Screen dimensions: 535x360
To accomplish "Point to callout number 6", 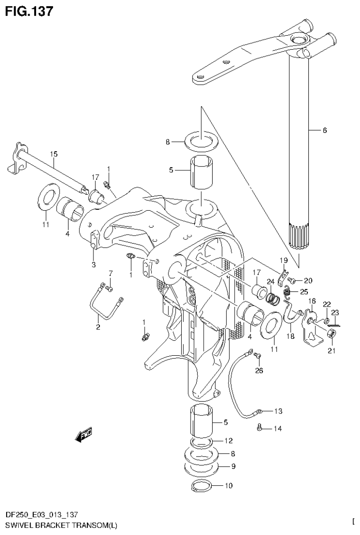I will point(325,131).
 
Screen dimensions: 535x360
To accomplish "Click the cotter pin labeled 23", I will point(335,324).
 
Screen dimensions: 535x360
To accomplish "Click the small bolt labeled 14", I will point(259,428).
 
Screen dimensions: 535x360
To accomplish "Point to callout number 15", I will point(54,153).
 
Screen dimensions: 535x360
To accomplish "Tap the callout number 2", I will point(98,327).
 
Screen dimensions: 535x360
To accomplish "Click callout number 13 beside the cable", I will point(278,411).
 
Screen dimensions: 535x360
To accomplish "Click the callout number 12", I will point(228,441).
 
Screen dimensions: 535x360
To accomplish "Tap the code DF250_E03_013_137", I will point(46,516).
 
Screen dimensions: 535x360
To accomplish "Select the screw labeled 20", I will point(291,281).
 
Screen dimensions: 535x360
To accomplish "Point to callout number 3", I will point(93,265).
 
